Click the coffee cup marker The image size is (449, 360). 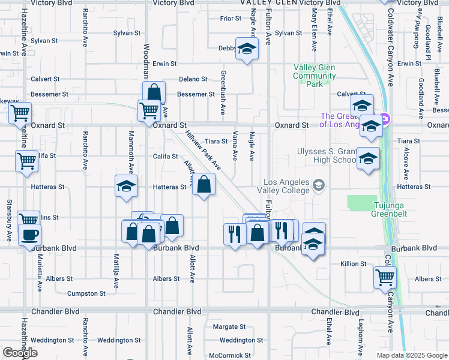pyautogui.click(x=29, y=235)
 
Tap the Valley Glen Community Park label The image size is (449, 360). pyautogui.click(x=314, y=76)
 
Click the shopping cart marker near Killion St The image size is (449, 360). pyautogui.click(x=385, y=277)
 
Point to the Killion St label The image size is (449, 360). pyautogui.click(x=354, y=264)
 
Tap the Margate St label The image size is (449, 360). pyautogui.click(x=229, y=327)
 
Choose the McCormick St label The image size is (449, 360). pyautogui.click(x=226, y=355)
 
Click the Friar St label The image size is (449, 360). pyautogui.click(x=231, y=19)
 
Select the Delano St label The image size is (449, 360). pyautogui.click(x=193, y=79)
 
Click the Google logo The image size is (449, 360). pyautogui.click(x=20, y=353)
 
